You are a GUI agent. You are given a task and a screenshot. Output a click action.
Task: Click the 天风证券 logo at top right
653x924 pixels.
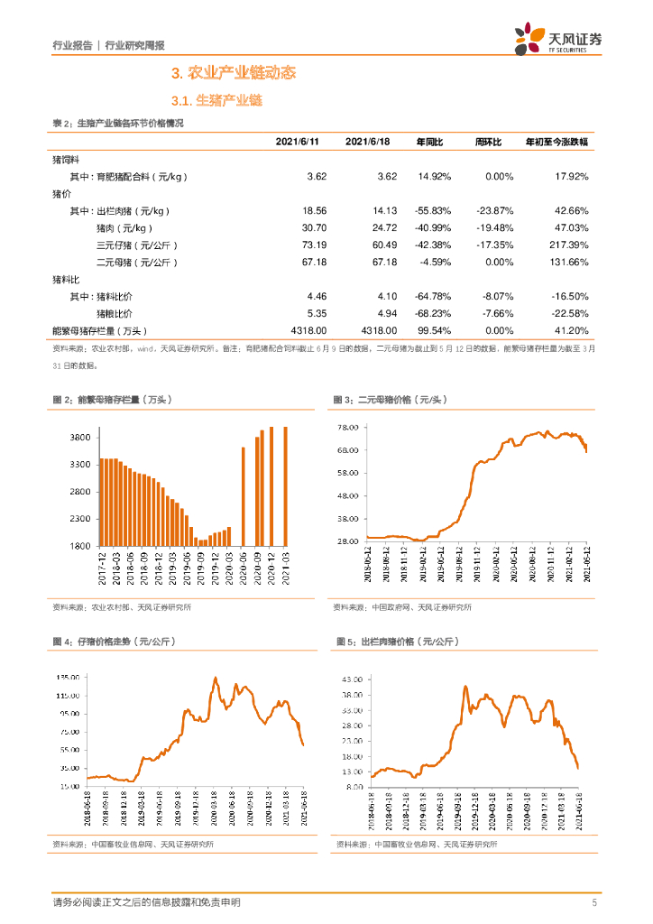click(x=558, y=39)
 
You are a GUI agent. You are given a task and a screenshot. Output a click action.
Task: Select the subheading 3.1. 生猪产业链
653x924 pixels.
click(x=216, y=101)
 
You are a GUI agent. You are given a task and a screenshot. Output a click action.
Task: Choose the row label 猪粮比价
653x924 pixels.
click(x=114, y=313)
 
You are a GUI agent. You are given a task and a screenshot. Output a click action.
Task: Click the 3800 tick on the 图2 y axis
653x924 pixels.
click(x=79, y=438)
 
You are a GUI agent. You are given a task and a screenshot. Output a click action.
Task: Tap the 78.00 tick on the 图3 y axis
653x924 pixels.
click(x=348, y=428)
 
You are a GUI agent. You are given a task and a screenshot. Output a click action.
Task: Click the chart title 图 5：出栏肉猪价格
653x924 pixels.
click(x=397, y=641)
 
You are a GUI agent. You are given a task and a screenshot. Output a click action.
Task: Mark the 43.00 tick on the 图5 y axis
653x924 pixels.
click(x=351, y=678)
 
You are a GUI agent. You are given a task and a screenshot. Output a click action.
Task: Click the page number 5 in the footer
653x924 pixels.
click(x=594, y=902)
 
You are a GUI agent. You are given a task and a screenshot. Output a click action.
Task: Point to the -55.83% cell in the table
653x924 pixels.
click(x=434, y=210)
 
